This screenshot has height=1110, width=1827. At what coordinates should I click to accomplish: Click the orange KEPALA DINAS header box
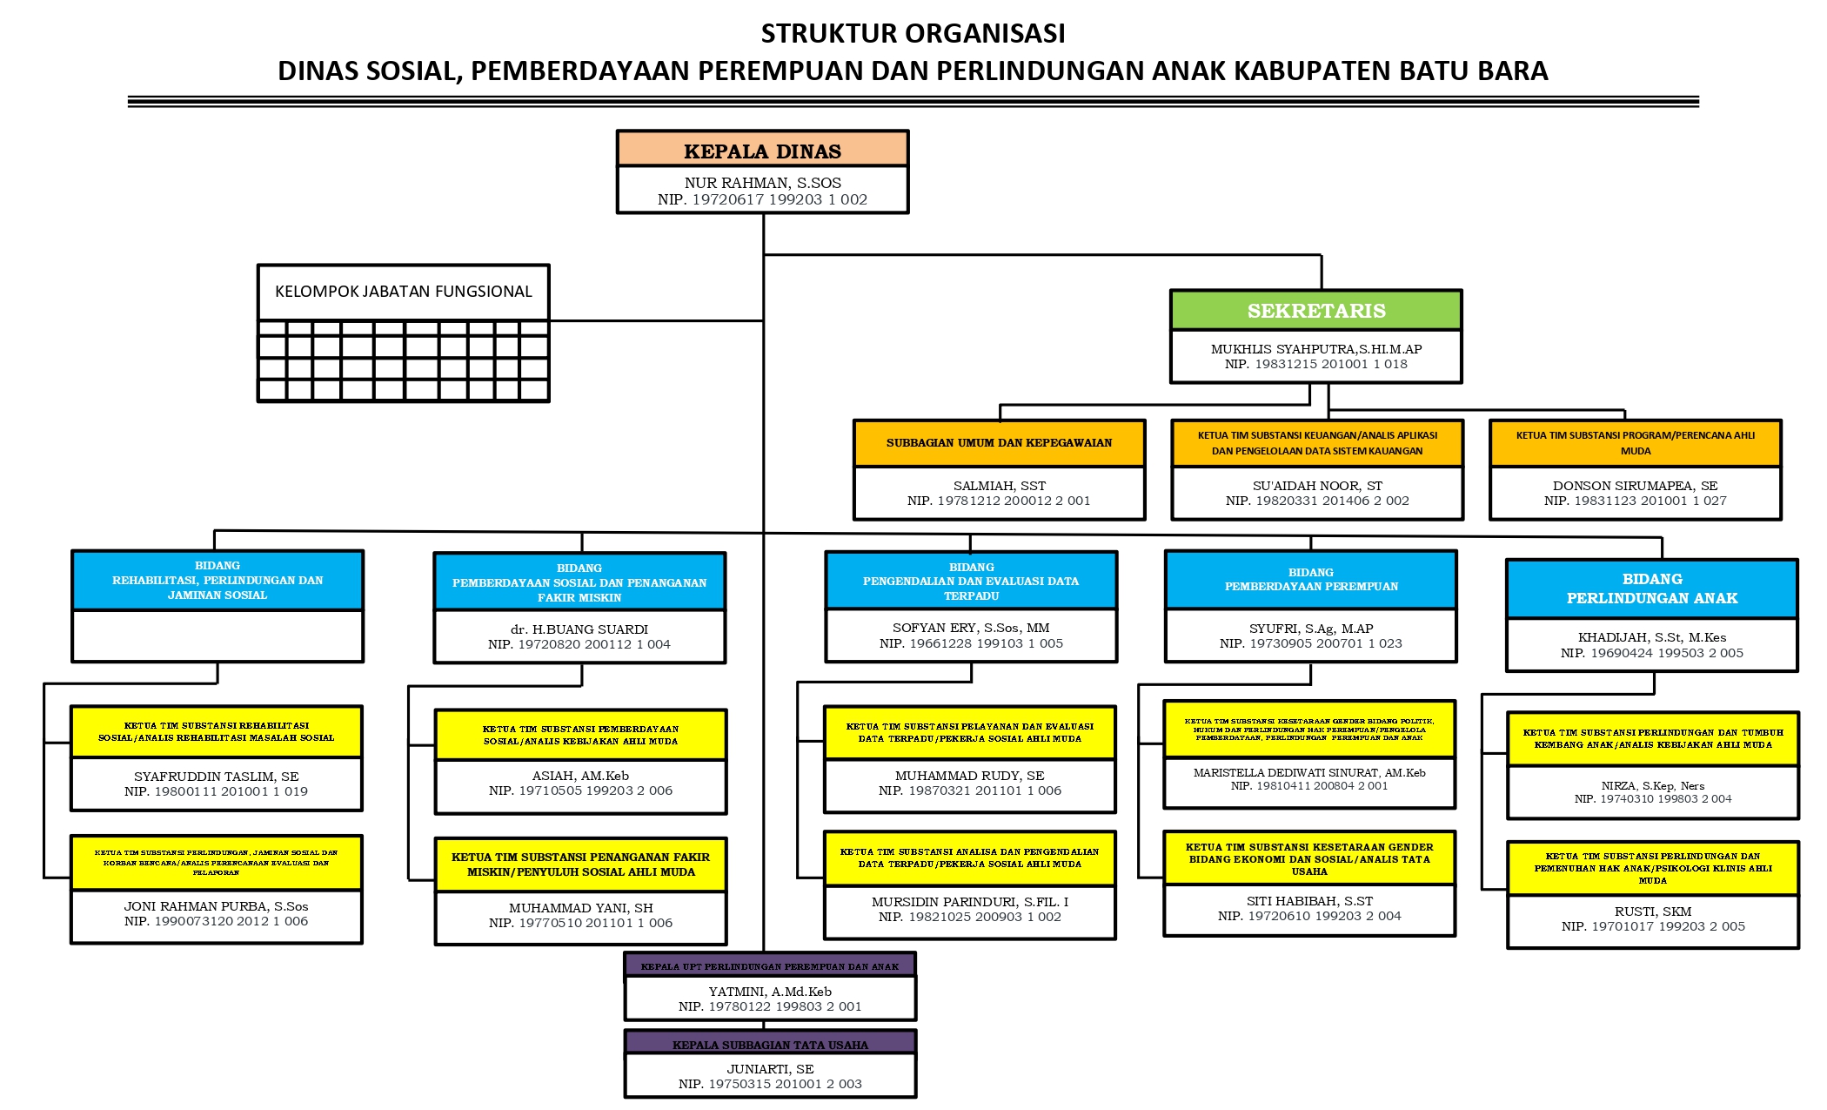(x=762, y=151)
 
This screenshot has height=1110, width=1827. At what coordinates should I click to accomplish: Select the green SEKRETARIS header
(x=1315, y=311)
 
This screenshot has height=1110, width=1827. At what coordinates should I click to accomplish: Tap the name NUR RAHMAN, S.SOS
(x=762, y=183)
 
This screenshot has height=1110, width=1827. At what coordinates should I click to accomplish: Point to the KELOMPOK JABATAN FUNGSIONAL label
(x=403, y=292)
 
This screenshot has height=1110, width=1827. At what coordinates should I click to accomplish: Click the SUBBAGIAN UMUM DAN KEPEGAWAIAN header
(x=999, y=443)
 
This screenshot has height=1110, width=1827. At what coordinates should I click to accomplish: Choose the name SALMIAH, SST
(x=999, y=486)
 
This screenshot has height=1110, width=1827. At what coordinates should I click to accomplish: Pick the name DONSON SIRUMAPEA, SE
(x=1635, y=486)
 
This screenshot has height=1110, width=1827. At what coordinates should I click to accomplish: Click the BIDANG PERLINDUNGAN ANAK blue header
(x=1651, y=589)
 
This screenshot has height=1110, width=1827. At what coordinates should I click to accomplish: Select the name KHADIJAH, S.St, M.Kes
(x=1651, y=637)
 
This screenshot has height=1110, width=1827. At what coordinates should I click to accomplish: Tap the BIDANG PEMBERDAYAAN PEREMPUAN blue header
(x=1310, y=580)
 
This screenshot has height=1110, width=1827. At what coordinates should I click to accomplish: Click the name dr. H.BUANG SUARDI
(x=579, y=629)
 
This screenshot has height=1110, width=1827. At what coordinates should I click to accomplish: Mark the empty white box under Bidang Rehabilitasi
(x=217, y=636)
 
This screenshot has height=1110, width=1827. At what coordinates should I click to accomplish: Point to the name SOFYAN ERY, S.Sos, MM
(x=971, y=628)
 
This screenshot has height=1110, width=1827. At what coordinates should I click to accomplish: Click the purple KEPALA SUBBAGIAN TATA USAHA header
(x=770, y=1045)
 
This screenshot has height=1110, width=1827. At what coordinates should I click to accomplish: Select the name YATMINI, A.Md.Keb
(x=770, y=992)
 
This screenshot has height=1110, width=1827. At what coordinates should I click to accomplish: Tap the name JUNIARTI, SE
(x=770, y=1069)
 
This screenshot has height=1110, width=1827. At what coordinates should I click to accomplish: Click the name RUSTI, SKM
(x=1652, y=912)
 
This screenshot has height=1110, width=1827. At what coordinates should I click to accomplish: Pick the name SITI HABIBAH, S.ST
(x=1309, y=901)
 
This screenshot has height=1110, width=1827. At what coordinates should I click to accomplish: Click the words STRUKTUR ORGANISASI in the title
(x=913, y=33)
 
